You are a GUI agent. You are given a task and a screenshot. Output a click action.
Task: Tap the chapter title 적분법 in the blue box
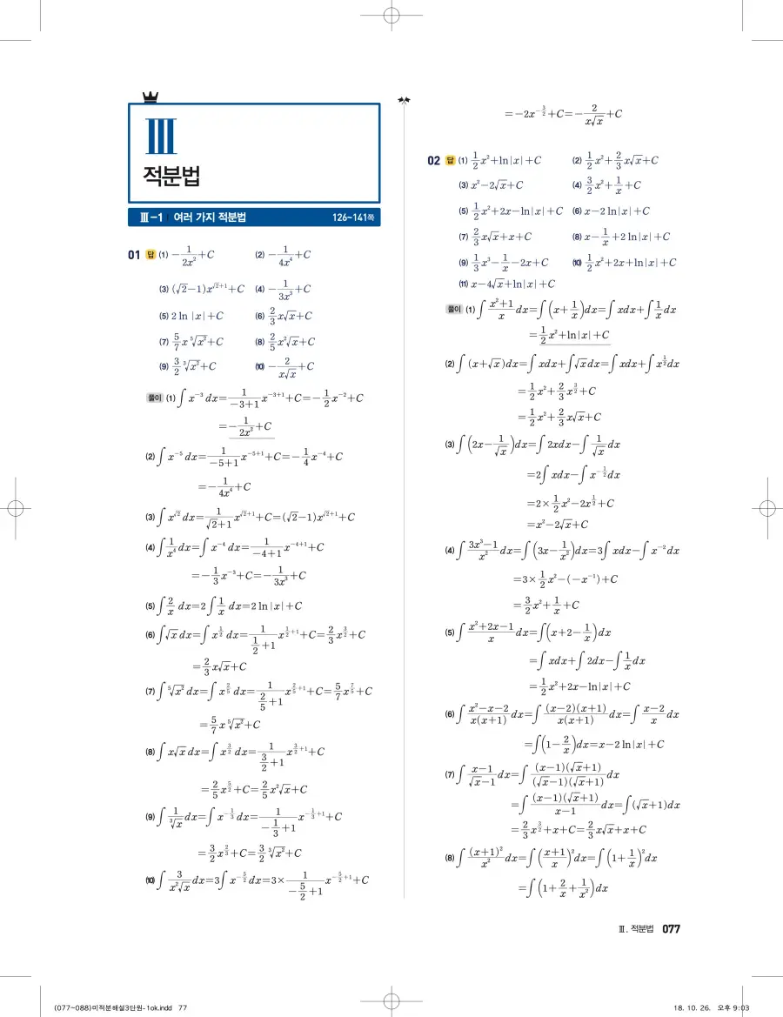[171, 176]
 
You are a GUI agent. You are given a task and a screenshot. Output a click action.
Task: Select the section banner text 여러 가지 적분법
[210, 217]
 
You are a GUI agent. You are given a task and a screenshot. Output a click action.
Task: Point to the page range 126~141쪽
[353, 217]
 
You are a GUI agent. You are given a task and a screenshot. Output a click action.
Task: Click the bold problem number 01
[134, 255]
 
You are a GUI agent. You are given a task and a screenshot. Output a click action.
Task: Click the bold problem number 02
[433, 160]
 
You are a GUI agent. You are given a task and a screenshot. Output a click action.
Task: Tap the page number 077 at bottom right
[671, 929]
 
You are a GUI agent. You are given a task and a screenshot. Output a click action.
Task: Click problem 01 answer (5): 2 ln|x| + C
[197, 316]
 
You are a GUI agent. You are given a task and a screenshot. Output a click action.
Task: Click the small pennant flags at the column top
[403, 100]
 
